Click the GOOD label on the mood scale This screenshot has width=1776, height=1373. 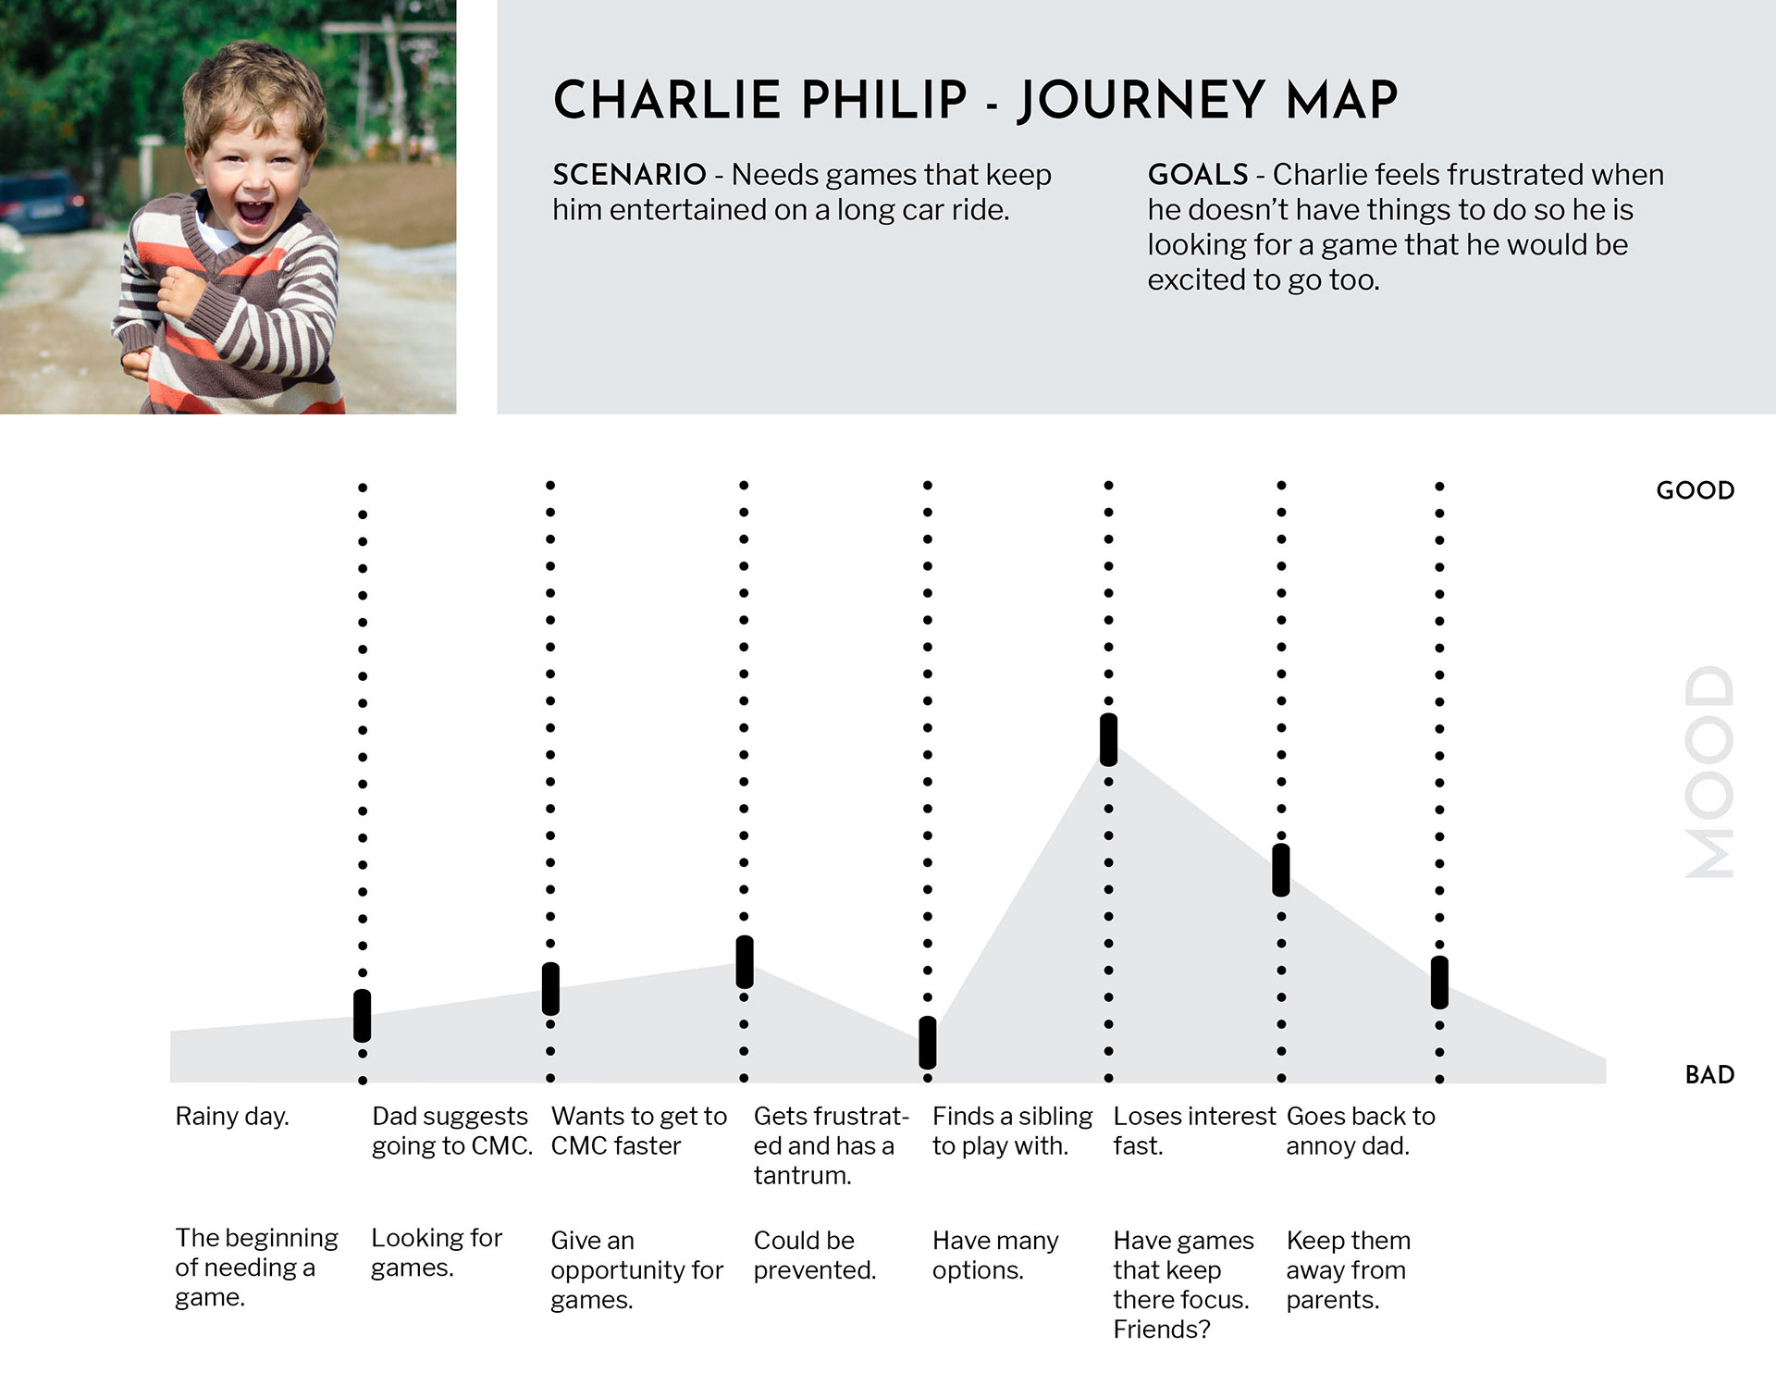pos(1695,490)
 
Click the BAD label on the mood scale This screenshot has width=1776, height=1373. pos(1709,1075)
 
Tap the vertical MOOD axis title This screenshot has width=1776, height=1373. pos(1708,772)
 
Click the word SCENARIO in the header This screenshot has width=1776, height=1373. pos(629,175)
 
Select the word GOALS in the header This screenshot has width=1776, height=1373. pos(1198,175)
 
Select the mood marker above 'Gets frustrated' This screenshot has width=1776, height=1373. pos(744,962)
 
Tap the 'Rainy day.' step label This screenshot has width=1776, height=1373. pos(232,1117)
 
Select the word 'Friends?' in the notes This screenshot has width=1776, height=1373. pos(1162,1330)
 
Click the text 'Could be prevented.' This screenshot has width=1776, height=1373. pos(815,1255)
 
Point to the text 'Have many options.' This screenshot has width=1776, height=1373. pos(995,1255)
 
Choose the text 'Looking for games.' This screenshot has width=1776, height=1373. pos(437,1253)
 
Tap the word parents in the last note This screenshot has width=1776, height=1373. pos(1332,1301)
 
